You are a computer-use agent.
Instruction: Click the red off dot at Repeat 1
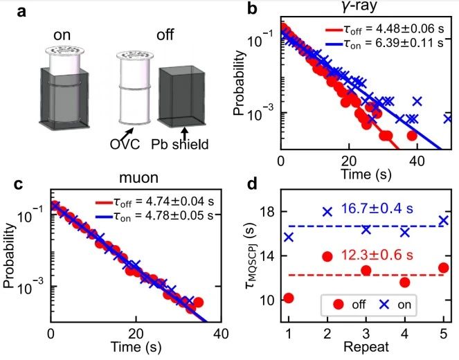click(289, 298)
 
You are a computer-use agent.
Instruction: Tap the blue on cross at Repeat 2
click(327, 211)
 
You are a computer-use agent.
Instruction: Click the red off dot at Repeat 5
click(444, 268)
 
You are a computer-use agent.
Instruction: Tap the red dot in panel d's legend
click(339, 304)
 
